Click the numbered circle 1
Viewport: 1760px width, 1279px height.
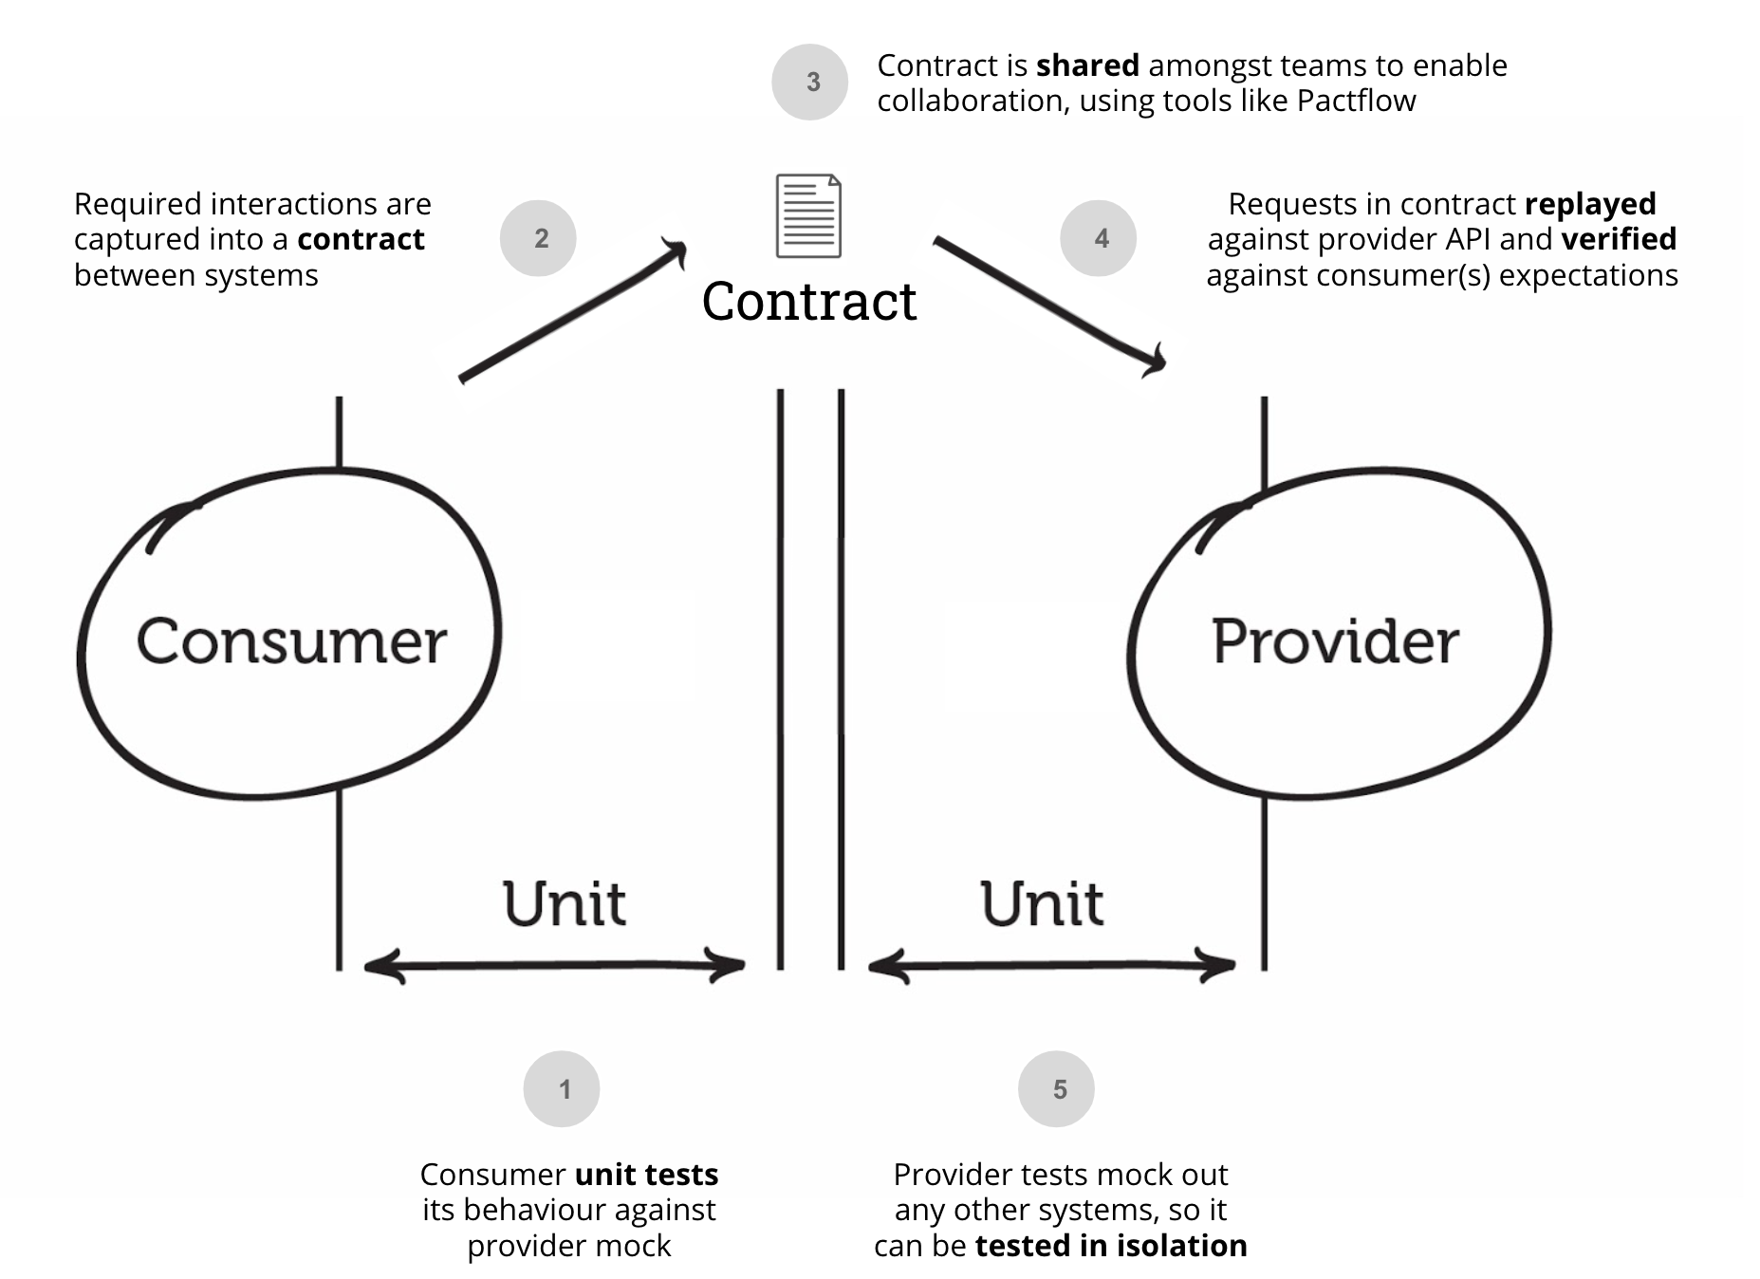tap(562, 1088)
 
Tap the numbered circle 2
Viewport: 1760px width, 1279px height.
tap(538, 238)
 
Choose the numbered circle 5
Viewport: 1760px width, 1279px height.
tap(1056, 1088)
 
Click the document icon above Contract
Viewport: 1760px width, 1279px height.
tap(808, 215)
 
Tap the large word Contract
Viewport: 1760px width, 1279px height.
tap(808, 302)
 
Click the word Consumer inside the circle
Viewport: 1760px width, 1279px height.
tap(291, 641)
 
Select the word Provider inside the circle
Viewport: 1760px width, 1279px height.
tap(1335, 641)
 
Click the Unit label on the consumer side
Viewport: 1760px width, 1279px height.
tap(564, 903)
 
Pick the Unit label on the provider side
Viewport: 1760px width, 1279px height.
tap(1042, 903)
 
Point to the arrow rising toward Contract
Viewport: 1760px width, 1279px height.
tap(572, 312)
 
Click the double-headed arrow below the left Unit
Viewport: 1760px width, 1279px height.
tap(555, 966)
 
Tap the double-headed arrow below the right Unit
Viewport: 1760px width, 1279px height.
tap(1051, 966)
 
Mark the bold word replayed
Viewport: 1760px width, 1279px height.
tap(1589, 204)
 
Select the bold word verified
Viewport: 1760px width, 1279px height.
tap(1618, 239)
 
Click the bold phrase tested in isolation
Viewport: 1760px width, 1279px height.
tap(1110, 1245)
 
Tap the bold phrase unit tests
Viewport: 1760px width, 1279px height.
tap(646, 1175)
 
